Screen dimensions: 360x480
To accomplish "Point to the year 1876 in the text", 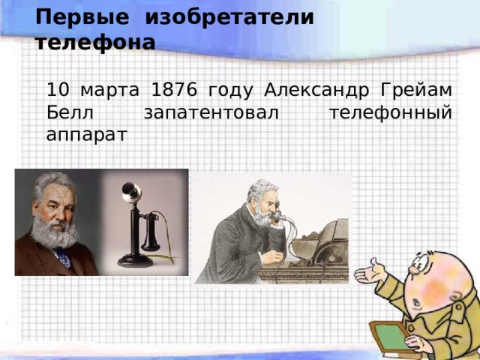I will click(174, 90).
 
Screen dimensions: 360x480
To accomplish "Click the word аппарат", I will click(87, 136).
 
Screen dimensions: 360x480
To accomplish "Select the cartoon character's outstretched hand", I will click(369, 272).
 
